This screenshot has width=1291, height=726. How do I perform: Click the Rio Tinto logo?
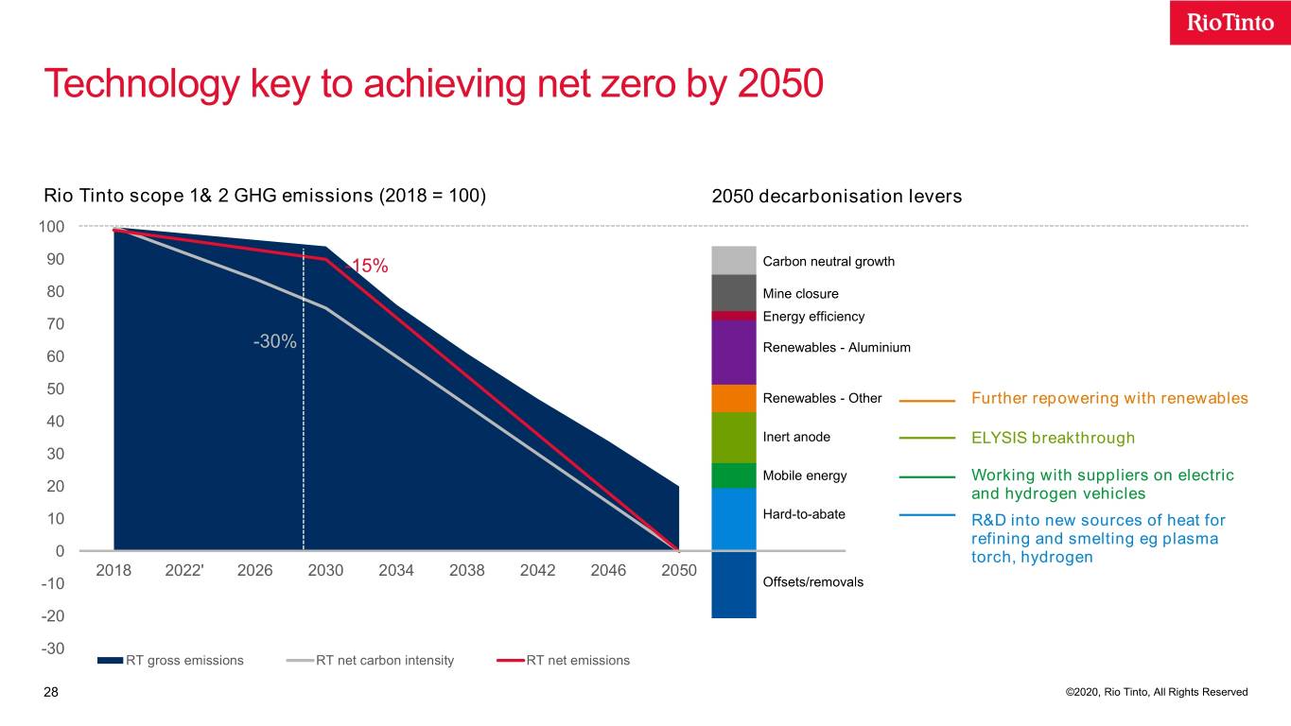pyautogui.click(x=1230, y=23)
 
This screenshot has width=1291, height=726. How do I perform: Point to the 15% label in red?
pyautogui.click(x=369, y=267)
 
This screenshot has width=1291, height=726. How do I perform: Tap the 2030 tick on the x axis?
pyautogui.click(x=326, y=570)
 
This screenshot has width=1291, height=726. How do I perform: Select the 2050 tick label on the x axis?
pyautogui.click(x=679, y=570)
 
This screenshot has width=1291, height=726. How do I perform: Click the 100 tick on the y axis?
pyautogui.click(x=51, y=227)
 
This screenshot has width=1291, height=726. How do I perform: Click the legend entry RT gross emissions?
pyautogui.click(x=183, y=660)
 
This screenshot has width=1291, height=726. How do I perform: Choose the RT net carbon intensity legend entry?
pyautogui.click(x=384, y=660)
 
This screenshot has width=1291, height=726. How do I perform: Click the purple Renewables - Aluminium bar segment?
pyautogui.click(x=733, y=352)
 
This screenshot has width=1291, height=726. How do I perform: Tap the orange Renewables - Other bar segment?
pyautogui.click(x=733, y=398)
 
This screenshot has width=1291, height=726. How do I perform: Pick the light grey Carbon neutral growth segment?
pyautogui.click(x=733, y=260)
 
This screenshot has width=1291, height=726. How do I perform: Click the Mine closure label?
pyautogui.click(x=800, y=294)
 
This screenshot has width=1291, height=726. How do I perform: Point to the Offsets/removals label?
pyautogui.click(x=812, y=582)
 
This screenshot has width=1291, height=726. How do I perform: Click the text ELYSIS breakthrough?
pyautogui.click(x=1053, y=438)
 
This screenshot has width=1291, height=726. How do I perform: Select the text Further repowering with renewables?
pyautogui.click(x=1109, y=398)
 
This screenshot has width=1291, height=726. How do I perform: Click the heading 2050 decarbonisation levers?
pyautogui.click(x=836, y=197)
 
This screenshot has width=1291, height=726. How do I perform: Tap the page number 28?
pyautogui.click(x=51, y=693)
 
